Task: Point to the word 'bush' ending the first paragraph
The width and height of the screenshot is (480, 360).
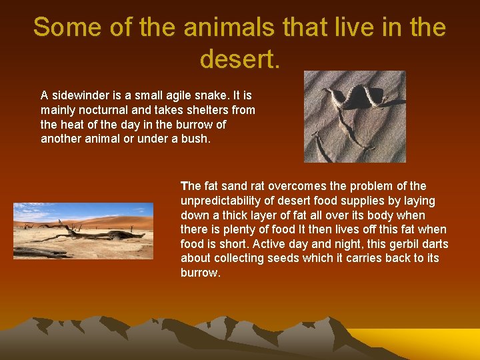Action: [x=195, y=139]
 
